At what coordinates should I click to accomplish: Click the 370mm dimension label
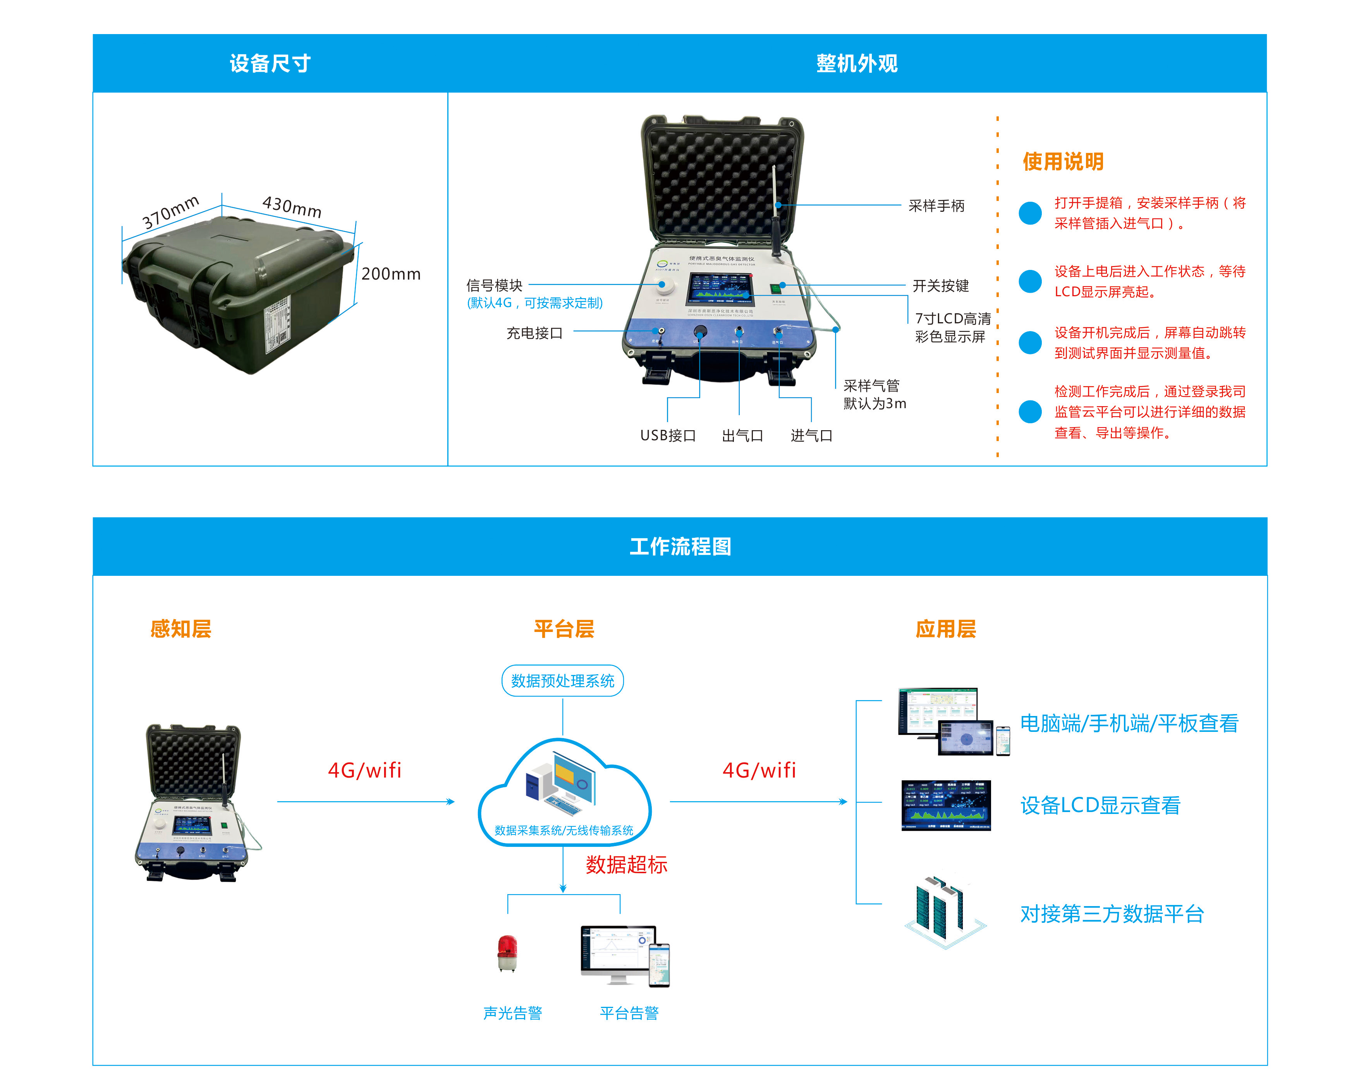point(170,212)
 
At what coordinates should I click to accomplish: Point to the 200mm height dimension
point(390,274)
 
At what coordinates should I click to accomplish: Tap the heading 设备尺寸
point(270,64)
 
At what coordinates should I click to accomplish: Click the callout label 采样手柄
point(936,206)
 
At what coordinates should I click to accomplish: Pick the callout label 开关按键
point(940,286)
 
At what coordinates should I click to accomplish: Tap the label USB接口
point(668,435)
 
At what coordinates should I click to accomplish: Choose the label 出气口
point(742,435)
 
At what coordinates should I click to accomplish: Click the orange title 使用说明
point(1063,162)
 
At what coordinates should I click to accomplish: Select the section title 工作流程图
point(680,546)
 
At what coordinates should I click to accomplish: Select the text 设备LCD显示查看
point(1100,805)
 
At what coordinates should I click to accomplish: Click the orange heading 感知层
point(180,629)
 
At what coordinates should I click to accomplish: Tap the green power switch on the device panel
point(775,288)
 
